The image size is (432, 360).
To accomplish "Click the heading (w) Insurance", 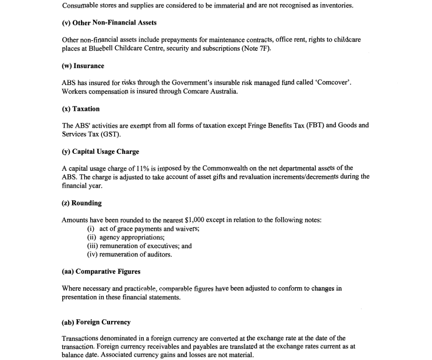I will [x=83, y=66].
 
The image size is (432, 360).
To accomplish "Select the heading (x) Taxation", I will [x=80, y=109].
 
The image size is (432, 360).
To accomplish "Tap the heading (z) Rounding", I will [x=82, y=203].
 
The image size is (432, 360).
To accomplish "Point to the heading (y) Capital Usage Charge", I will [x=100, y=152].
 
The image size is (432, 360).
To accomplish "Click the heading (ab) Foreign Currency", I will [x=96, y=322].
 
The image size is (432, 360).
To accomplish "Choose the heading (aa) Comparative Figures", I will [x=101, y=271].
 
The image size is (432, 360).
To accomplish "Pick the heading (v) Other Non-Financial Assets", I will [x=109, y=23].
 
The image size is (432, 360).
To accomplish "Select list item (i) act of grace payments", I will [x=143, y=229].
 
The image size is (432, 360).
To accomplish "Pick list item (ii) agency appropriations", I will [x=126, y=238].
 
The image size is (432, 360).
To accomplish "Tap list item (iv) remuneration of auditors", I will [x=130, y=255].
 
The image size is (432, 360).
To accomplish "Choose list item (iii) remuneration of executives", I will [x=139, y=246].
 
